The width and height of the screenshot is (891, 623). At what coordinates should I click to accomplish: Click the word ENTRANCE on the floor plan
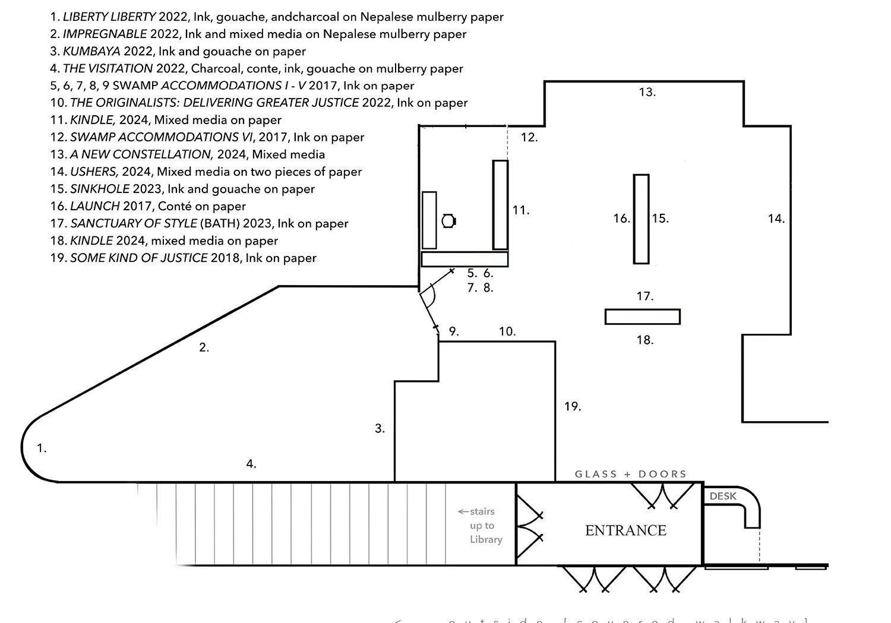coord(625,530)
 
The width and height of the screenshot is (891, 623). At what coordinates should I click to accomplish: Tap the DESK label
coord(723,496)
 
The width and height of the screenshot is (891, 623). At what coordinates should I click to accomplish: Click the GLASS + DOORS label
coord(630,474)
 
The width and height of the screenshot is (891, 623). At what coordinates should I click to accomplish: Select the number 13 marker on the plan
coord(647,92)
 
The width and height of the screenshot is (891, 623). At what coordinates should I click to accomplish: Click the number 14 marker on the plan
coord(776,219)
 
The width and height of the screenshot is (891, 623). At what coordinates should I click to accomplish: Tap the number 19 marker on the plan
coord(572,407)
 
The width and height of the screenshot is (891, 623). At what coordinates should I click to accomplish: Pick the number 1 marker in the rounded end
coord(42,448)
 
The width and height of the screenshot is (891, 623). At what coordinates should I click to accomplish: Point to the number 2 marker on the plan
coord(204,347)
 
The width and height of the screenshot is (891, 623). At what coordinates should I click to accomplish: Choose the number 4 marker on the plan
coord(251,464)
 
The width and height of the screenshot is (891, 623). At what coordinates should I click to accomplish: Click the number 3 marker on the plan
coord(380,428)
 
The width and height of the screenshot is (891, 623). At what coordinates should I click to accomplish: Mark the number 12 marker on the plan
coord(529,137)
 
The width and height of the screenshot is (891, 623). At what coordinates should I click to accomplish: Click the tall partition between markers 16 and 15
coord(641,219)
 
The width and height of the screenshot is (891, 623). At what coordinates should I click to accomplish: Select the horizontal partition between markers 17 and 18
coord(642,317)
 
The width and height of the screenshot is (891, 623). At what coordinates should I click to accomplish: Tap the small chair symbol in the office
coord(448,221)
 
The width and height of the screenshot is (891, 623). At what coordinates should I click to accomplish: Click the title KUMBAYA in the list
coord(91,51)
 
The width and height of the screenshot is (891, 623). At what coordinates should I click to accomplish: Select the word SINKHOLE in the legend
coord(99,189)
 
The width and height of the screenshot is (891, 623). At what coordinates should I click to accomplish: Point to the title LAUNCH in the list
coord(94,206)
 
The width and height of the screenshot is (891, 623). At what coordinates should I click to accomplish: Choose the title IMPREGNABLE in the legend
coord(105,34)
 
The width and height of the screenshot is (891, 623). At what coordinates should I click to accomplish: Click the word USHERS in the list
coord(94,172)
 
